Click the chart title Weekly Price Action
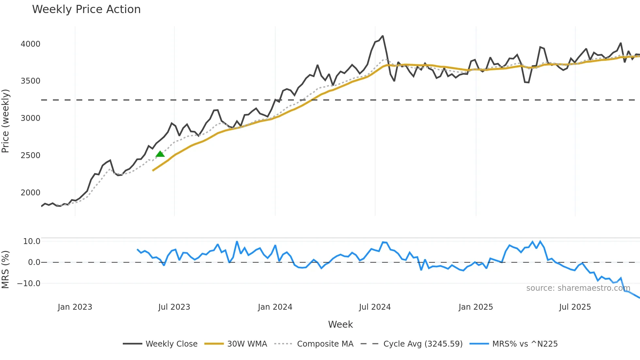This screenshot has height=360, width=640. [x=86, y=9]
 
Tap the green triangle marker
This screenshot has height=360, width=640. [x=160, y=154]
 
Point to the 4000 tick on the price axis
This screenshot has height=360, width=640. [x=30, y=44]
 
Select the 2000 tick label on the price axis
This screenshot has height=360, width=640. [x=30, y=193]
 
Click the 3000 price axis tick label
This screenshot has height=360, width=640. [x=30, y=118]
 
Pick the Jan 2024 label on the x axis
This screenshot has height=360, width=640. [x=275, y=307]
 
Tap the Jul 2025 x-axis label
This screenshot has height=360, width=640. [x=575, y=307]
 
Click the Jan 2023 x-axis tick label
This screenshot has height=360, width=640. [x=75, y=307]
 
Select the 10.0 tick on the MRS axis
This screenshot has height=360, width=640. [x=32, y=241]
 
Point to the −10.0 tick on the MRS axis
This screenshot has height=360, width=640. [x=29, y=284]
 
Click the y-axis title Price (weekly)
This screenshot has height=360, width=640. [x=6, y=121]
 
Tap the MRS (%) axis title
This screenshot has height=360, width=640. [x=6, y=270]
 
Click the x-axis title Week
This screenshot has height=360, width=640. [x=340, y=324]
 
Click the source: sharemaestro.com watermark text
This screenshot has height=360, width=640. [x=578, y=288]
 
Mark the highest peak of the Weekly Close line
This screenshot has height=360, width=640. [x=383, y=36]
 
